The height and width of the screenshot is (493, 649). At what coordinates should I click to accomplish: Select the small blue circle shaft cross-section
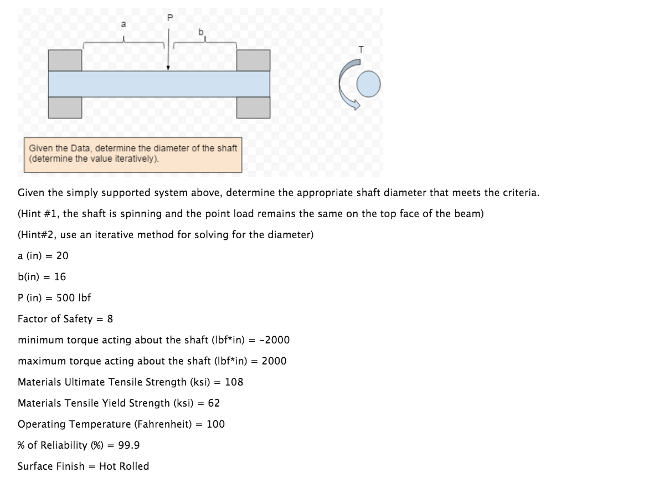pos(368,85)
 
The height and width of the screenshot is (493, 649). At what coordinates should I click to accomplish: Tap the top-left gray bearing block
pos(65,60)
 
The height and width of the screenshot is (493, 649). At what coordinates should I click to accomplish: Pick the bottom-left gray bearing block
pos(65,107)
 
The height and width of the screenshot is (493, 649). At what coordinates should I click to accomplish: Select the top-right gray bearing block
pos(253,60)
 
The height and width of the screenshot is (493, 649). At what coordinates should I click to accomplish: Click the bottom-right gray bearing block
pos(253,107)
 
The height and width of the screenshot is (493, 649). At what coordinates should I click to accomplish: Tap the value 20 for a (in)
pos(63,255)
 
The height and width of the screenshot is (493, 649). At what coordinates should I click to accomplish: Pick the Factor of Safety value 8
pos(110,319)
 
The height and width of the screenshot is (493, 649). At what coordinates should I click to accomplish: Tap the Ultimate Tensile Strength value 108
pos(234,382)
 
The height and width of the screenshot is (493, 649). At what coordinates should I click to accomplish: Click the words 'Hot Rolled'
pos(124,466)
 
